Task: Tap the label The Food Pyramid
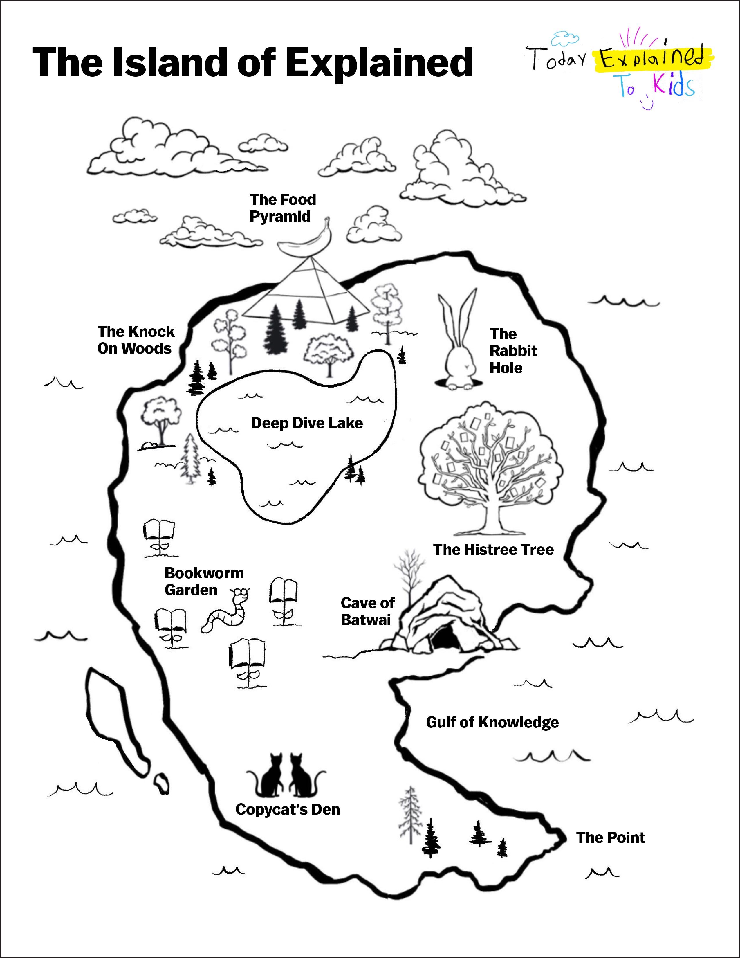(x=282, y=208)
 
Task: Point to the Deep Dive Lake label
(x=306, y=423)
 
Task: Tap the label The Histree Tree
(x=493, y=550)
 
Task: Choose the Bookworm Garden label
(x=204, y=581)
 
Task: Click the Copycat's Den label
(x=288, y=809)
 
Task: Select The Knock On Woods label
(x=136, y=340)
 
